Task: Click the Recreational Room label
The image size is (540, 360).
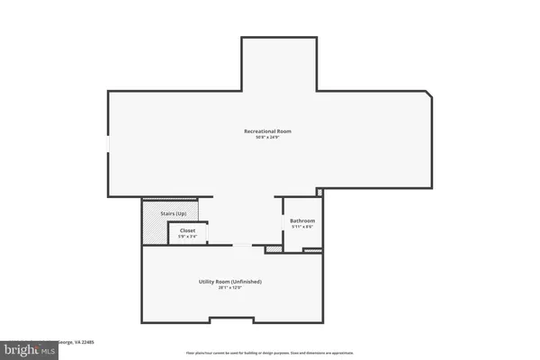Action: pos(267,131)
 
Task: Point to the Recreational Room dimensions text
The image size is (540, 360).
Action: pos(267,138)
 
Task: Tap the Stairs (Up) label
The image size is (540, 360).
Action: pos(173,213)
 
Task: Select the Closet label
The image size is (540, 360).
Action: pos(187,230)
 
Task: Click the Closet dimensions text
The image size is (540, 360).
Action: pos(187,237)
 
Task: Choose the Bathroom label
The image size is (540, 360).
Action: pos(301,220)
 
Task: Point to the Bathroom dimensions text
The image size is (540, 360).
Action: pos(301,227)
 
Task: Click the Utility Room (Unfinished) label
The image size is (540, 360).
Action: pos(229,282)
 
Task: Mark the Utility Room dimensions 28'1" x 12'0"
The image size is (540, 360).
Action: pos(229,288)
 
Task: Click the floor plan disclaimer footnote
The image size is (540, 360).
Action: pos(270,353)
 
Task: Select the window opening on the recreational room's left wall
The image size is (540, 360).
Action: pos(108,144)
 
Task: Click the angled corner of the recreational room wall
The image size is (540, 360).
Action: pos(429,95)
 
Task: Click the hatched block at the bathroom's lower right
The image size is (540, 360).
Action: pos(311,249)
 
